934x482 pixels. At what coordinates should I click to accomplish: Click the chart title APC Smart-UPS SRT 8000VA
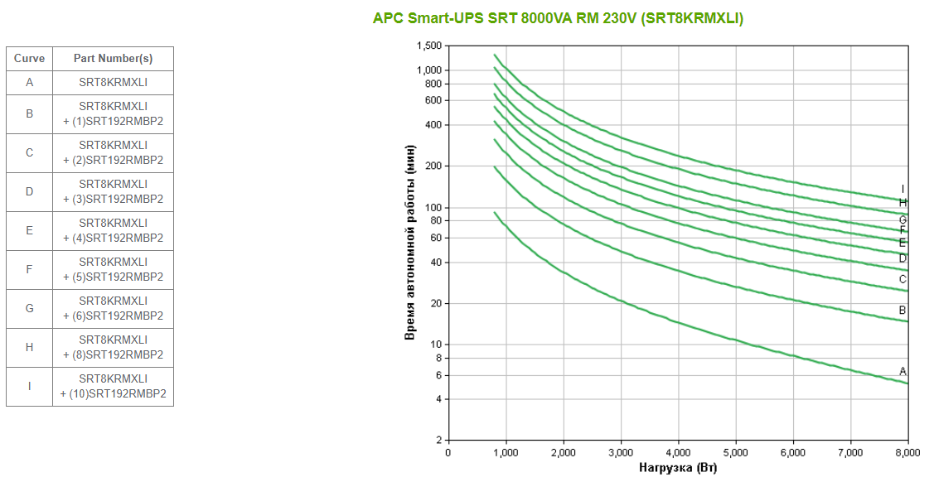[558, 18]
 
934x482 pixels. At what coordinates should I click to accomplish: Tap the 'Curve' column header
[29, 59]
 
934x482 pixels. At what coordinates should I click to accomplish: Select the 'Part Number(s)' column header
[113, 59]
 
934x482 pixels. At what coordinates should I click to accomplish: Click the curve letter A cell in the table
[29, 83]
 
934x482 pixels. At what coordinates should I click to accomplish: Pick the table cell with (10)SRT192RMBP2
[113, 386]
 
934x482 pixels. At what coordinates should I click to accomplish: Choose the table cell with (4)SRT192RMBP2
[113, 230]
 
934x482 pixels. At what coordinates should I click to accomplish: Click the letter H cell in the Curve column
[29, 347]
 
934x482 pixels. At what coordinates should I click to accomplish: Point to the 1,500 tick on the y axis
[430, 46]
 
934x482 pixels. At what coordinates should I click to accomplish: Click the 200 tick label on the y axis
[433, 166]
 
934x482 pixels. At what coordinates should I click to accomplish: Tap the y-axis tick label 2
[439, 440]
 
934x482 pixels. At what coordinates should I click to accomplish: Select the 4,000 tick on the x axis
[678, 453]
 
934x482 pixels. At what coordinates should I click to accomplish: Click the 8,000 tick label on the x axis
[907, 453]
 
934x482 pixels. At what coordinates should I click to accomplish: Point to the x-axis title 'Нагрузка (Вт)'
[678, 469]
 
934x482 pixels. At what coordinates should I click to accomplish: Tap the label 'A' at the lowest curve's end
[903, 371]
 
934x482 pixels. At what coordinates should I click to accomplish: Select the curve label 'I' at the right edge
[903, 189]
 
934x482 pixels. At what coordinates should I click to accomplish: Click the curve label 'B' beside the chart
[903, 311]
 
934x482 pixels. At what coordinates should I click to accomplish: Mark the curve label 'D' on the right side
[903, 258]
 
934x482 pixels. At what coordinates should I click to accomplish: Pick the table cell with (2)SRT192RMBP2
[113, 152]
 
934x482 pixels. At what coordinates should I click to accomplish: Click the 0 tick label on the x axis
[448, 453]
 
